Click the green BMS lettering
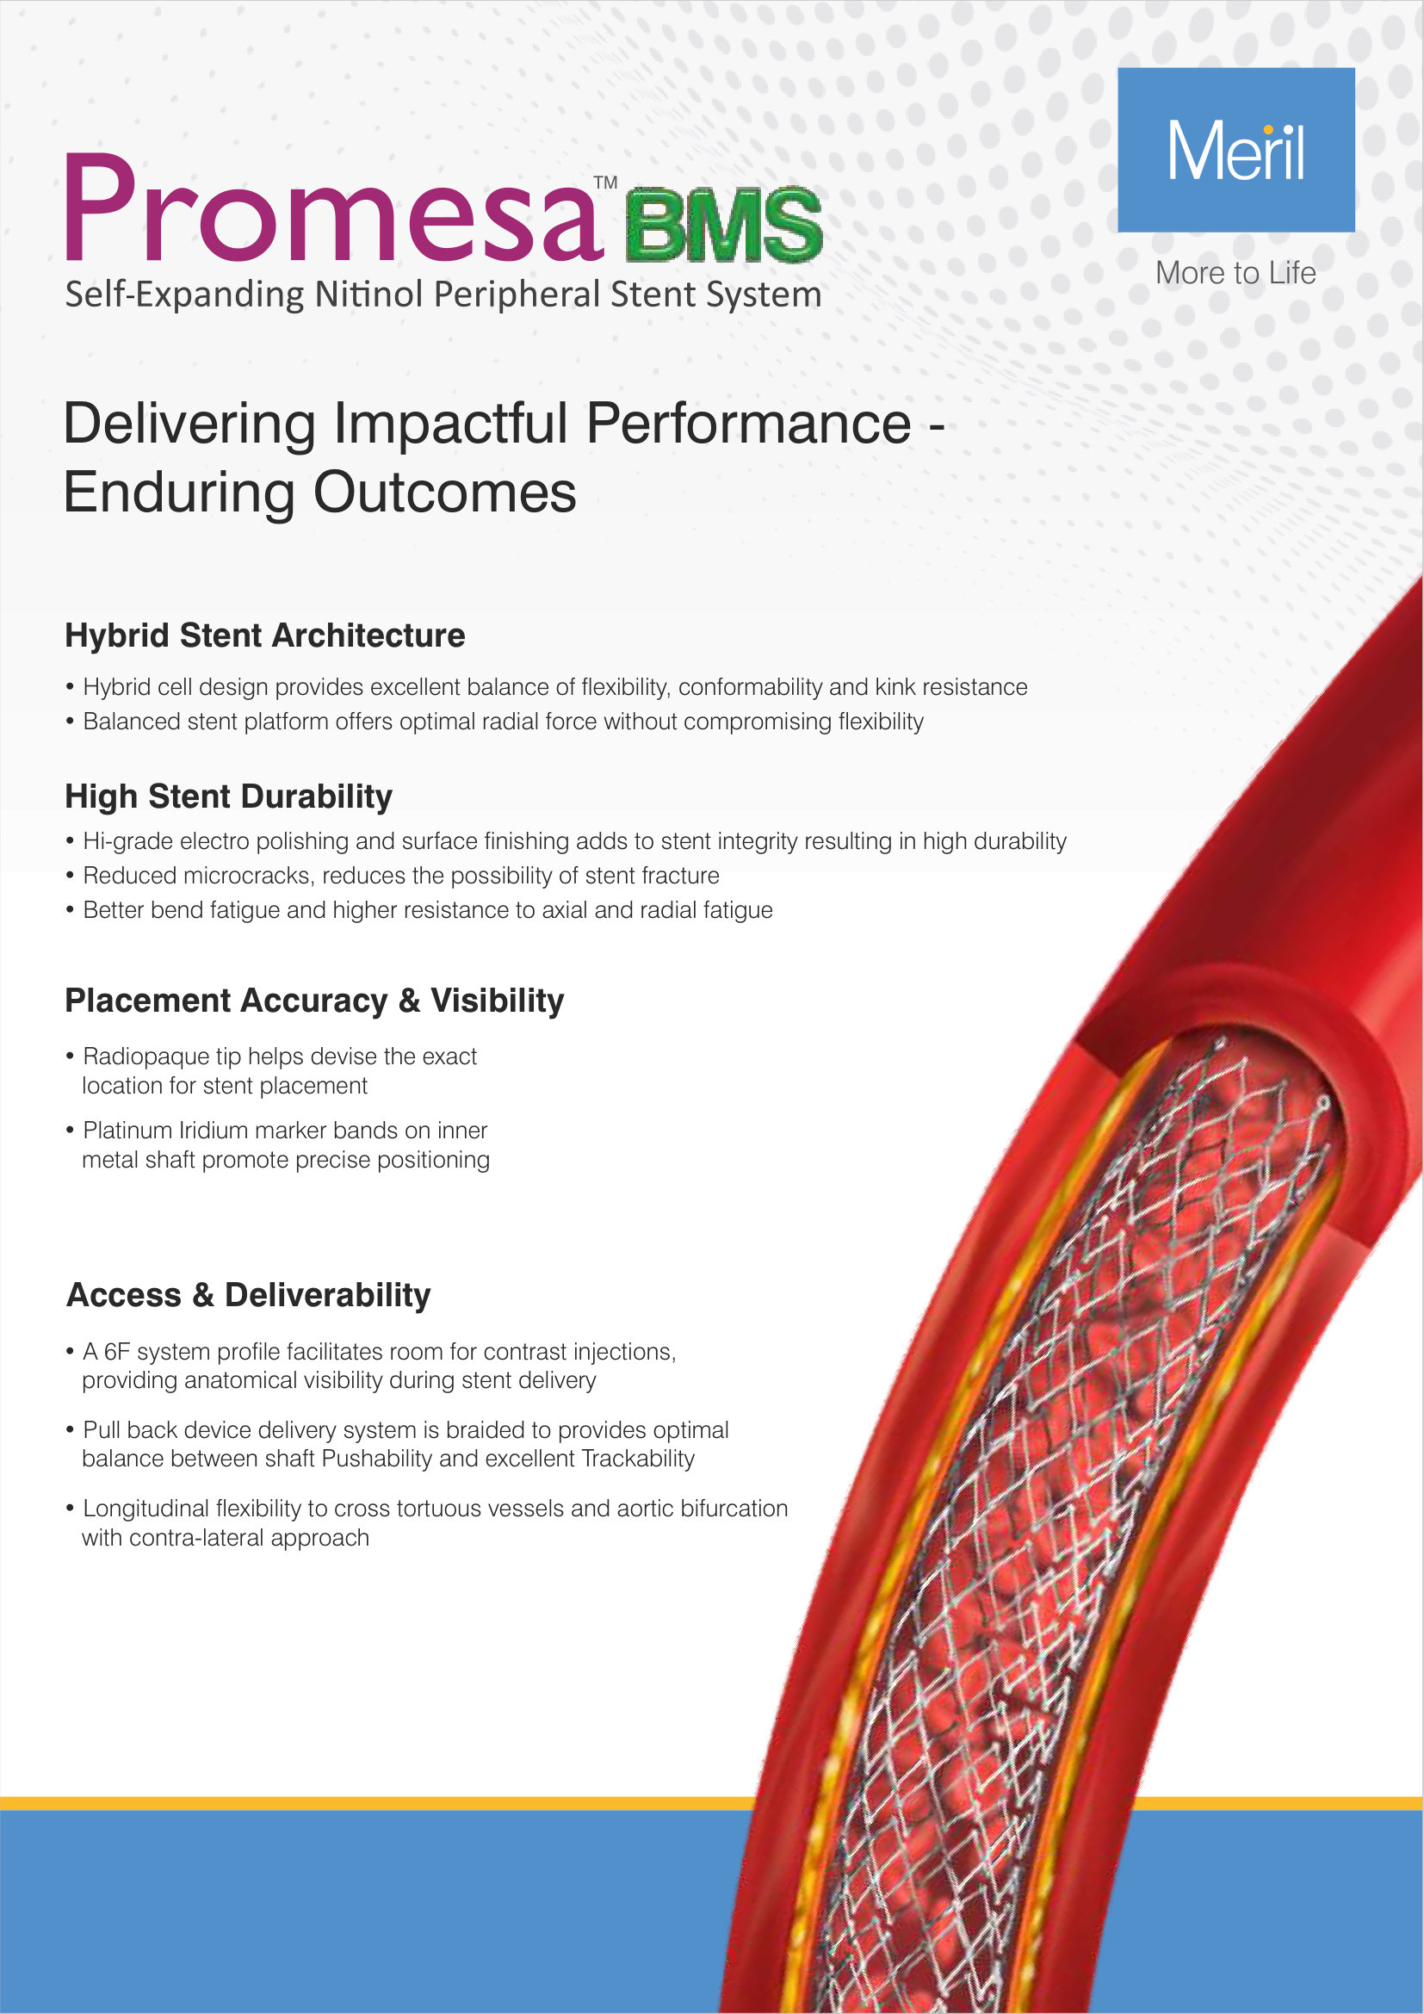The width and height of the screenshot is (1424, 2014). pos(724,225)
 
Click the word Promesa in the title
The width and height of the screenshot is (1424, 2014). pos(333,210)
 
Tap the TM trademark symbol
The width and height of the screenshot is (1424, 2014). pos(605,183)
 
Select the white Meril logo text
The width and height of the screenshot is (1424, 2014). pos(1235,152)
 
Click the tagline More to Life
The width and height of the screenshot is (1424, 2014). pos(1235,273)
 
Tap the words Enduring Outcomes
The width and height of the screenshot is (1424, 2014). pos(320,493)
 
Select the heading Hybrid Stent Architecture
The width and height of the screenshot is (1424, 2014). pos(265,635)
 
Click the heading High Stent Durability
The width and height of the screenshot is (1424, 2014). pos(229,796)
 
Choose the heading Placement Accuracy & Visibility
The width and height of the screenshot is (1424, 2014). pos(314,1001)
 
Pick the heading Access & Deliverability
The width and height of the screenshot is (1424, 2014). pos(249,1295)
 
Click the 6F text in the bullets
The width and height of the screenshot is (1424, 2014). pos(116,1352)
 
